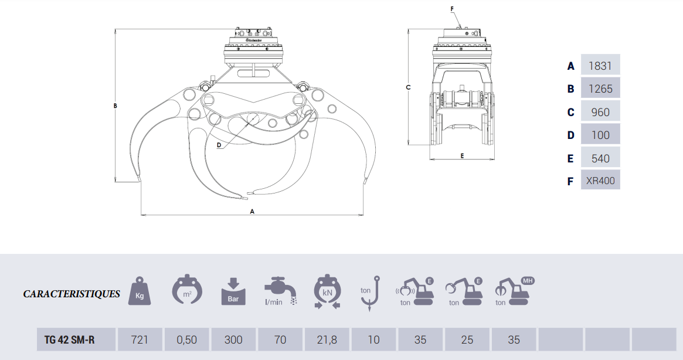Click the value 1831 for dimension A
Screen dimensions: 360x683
click(600, 66)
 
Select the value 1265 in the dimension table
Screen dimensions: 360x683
click(600, 89)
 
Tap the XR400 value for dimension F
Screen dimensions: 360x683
click(600, 181)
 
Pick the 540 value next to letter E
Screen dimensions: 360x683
click(600, 158)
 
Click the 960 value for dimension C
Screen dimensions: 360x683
click(600, 112)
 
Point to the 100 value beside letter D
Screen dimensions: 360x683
click(600, 135)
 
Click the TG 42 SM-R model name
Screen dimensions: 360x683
click(69, 339)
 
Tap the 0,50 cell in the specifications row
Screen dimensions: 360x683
click(186, 339)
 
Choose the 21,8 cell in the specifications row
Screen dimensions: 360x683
click(327, 339)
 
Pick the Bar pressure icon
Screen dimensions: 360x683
click(233, 290)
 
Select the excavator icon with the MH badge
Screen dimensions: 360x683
click(514, 290)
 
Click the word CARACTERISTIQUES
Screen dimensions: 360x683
click(72, 294)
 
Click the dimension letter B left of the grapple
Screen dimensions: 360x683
click(115, 106)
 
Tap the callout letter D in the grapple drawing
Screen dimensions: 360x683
click(219, 145)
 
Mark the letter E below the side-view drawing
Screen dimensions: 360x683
click(462, 156)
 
